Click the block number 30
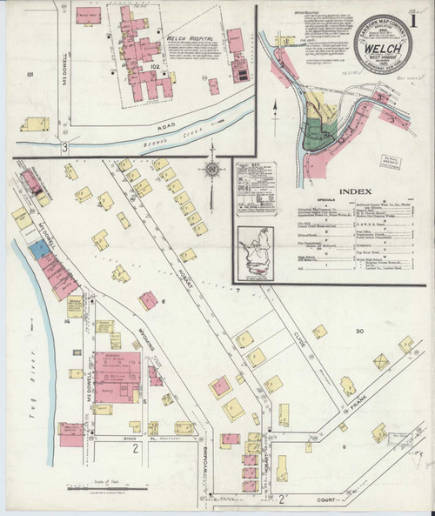357,332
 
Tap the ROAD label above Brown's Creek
167,125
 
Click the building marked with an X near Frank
381,360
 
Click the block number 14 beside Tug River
65,322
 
